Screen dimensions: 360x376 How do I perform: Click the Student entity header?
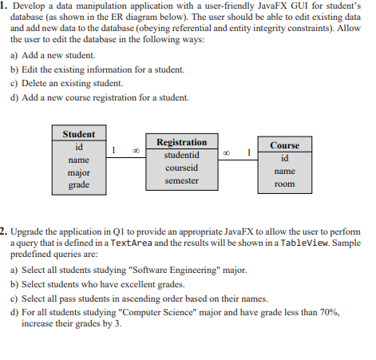(x=78, y=134)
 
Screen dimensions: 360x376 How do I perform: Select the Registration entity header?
(x=181, y=141)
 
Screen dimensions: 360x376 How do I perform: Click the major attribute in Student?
(x=78, y=172)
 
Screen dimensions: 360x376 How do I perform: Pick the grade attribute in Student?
(x=78, y=185)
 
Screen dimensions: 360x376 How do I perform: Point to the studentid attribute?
(x=181, y=155)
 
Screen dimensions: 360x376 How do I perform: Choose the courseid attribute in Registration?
(x=181, y=168)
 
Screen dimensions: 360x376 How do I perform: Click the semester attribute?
(x=181, y=181)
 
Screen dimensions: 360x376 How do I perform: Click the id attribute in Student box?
(x=78, y=147)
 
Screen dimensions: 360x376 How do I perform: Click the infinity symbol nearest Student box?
(x=136, y=149)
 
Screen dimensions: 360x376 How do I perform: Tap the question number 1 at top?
(x=5, y=6)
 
